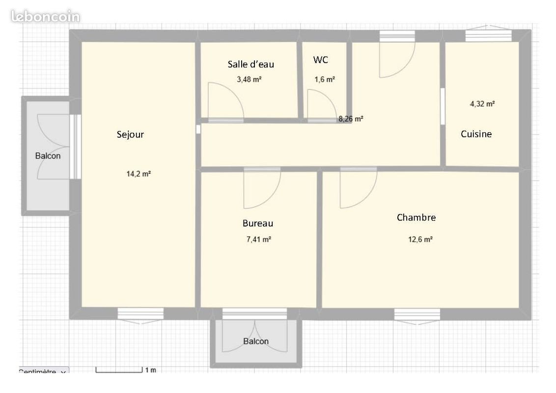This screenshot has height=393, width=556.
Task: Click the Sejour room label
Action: coord(130,135)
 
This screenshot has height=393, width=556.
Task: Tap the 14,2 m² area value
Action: coord(139,174)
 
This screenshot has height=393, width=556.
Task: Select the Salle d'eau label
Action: coord(250,64)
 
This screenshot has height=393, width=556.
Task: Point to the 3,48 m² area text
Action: coord(250,80)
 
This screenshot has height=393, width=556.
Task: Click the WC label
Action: coord(321,60)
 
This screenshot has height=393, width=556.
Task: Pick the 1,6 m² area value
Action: coord(325,80)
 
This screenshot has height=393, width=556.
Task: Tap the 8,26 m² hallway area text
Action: coord(351,119)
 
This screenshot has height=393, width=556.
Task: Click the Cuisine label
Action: coord(476,134)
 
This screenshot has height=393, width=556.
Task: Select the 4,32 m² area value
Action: coord(482,104)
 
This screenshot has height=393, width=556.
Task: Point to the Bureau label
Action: coord(258,224)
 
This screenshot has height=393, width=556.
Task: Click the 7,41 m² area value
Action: coord(259,239)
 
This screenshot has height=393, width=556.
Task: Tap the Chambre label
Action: coord(417,218)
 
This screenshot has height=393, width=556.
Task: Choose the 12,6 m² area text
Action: coord(420,239)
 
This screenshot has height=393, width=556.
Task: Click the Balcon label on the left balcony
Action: coord(48,156)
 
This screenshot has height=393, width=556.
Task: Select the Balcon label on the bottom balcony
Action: coord(256,341)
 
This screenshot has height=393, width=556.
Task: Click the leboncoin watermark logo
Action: coord(45,17)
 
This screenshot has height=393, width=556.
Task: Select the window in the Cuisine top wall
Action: coord(489,36)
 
